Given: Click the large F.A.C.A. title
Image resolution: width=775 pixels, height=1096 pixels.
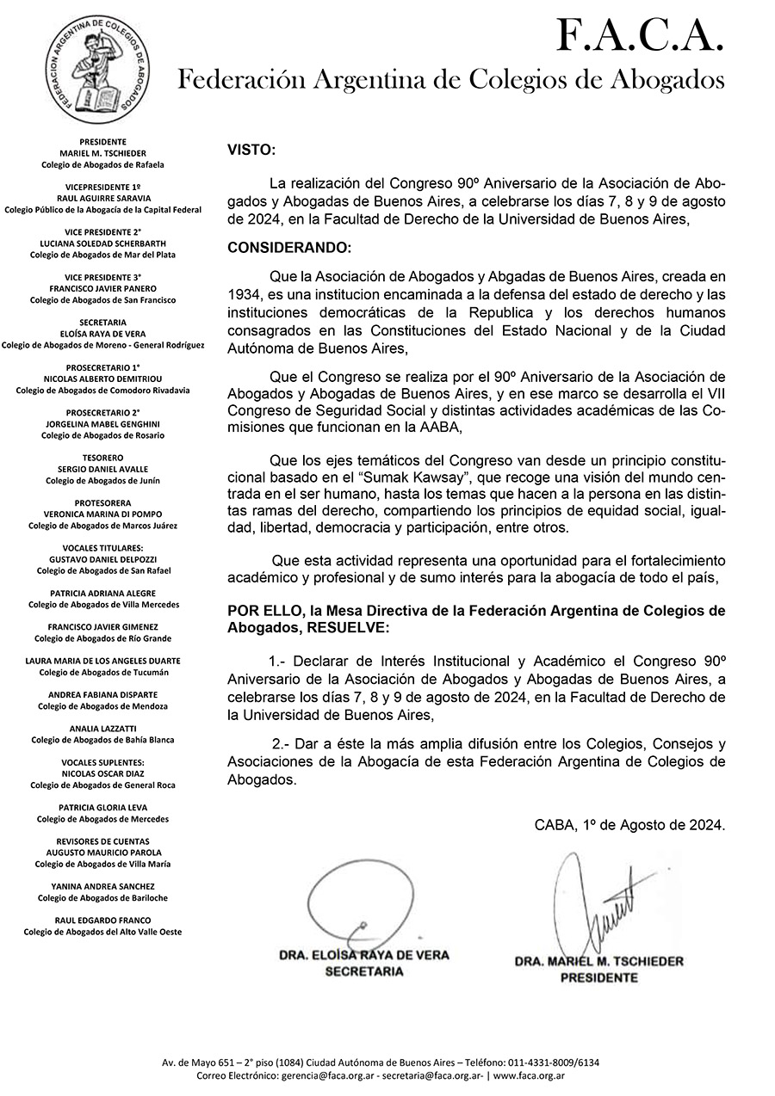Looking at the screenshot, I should (638, 36).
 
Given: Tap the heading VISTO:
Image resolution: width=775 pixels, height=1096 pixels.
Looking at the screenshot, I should (251, 150).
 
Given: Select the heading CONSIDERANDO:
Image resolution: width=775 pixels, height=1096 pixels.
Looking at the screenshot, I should (289, 248).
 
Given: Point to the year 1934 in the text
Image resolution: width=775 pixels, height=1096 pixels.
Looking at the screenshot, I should (245, 294).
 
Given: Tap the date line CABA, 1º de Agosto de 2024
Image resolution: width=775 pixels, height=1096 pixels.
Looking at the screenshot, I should (629, 824).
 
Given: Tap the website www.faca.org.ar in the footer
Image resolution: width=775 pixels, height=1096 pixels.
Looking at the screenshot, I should (529, 1076).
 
